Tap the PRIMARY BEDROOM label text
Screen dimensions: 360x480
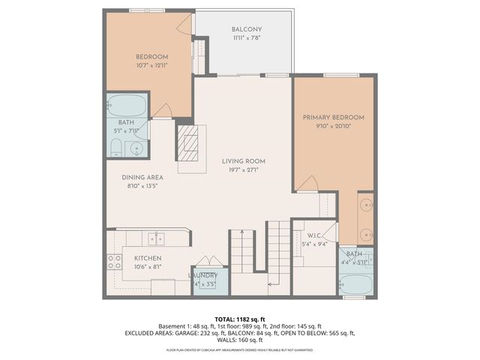[333, 118]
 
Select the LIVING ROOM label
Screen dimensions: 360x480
[243, 161]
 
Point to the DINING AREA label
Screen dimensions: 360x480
[142, 178]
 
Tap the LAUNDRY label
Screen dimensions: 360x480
[202, 276]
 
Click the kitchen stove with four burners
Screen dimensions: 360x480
[115, 262]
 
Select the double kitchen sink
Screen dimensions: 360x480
[156, 238]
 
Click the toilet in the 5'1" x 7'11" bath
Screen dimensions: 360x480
[115, 148]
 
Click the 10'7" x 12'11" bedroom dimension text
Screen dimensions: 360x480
[151, 66]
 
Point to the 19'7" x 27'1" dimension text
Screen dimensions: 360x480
[243, 170]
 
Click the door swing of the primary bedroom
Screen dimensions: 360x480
[309, 182]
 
